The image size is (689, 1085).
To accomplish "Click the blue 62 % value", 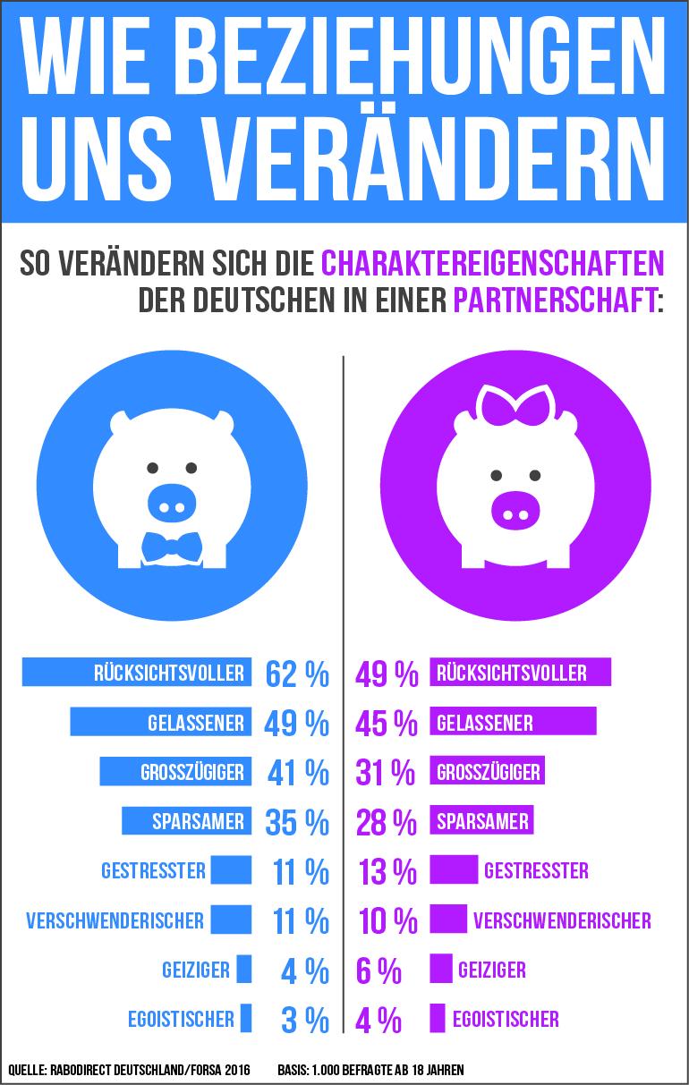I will click(296, 674).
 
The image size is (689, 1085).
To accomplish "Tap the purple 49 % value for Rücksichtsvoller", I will click(387, 674).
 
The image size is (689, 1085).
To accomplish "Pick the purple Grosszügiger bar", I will click(488, 771).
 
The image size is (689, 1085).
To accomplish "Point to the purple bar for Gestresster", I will click(454, 869).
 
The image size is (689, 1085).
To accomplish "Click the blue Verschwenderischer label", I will click(115, 920).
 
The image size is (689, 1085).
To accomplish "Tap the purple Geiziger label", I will click(491, 970).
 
